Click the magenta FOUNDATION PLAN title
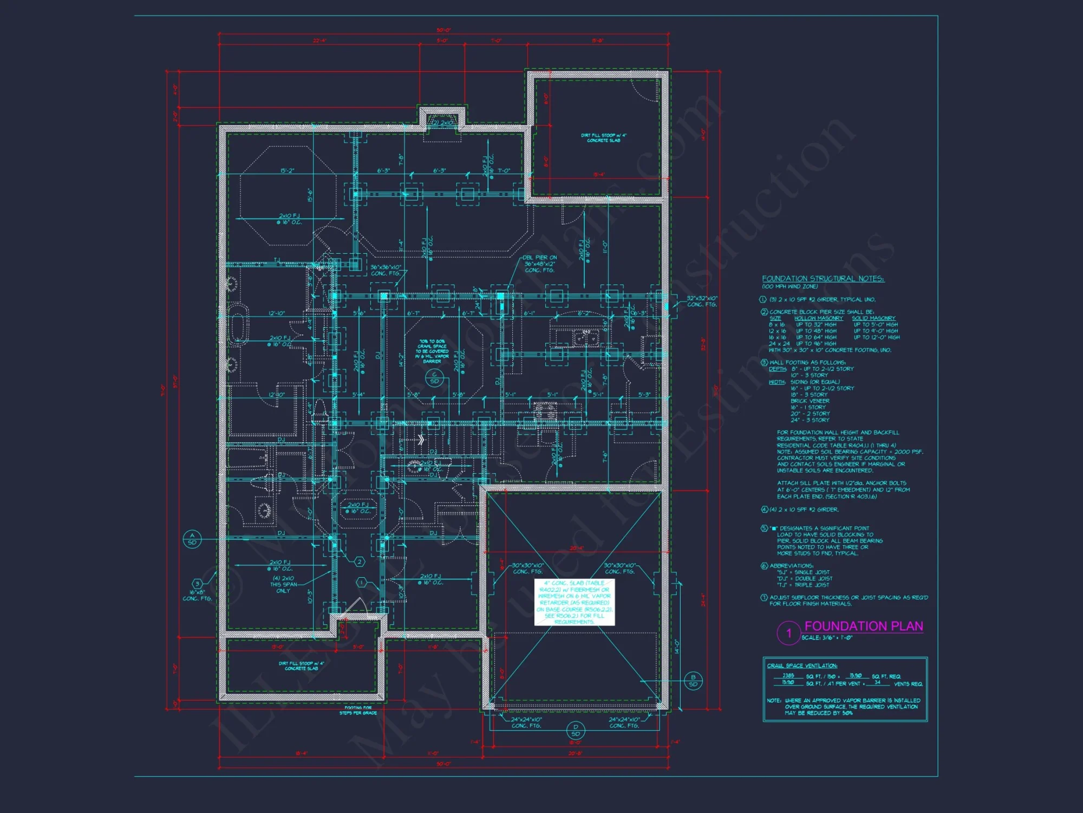[x=863, y=626]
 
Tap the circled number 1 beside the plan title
[x=788, y=633]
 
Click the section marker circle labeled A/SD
[x=192, y=539]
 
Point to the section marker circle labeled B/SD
[x=693, y=681]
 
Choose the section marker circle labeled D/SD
[x=575, y=730]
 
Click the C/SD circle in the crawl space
[x=434, y=378]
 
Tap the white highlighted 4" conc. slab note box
[x=575, y=602]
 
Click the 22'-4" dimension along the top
[x=319, y=41]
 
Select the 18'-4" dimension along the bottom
[x=301, y=753]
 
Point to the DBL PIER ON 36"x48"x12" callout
[x=540, y=264]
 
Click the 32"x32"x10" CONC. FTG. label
[x=702, y=301]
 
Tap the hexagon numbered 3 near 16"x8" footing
[x=198, y=584]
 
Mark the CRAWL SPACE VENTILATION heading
[x=802, y=666]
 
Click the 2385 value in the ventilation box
[x=788, y=675]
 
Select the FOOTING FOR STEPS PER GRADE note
[x=358, y=710]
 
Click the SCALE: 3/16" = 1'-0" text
[x=827, y=638]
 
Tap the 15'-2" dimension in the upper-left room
[x=287, y=171]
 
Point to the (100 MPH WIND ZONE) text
[x=790, y=287]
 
